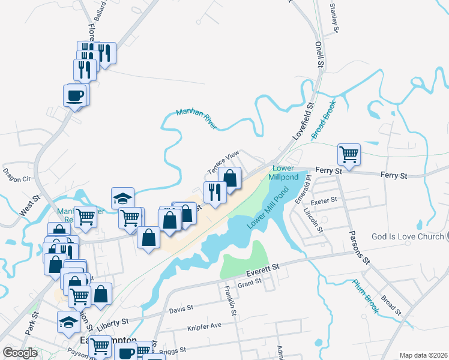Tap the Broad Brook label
tap(324, 119)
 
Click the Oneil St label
tap(319, 55)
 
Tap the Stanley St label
tap(334, 19)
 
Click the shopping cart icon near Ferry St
tap(349, 154)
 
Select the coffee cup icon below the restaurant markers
tap(75, 95)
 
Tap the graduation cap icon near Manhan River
tap(122, 198)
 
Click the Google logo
tap(20, 353)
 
